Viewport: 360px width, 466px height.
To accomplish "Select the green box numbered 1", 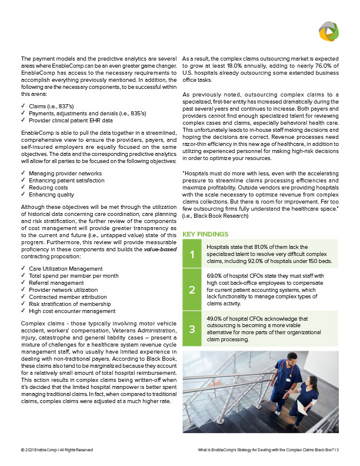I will click(191, 254).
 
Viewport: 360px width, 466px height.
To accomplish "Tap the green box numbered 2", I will click(191, 290).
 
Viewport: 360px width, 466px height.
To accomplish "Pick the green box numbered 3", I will click(191, 329).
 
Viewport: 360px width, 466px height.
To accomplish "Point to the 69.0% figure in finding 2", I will click(215, 274).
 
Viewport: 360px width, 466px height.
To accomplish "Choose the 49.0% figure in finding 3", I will click(215, 318).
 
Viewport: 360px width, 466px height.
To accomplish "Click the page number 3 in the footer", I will click(338, 450).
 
